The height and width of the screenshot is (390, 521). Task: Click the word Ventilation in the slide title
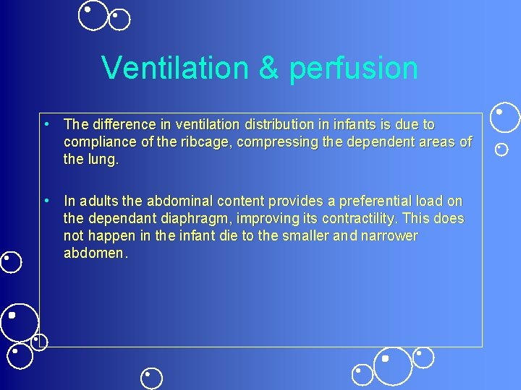click(x=173, y=69)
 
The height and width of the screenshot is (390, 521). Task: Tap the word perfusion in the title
click(x=353, y=69)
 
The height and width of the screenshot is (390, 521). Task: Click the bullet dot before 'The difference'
click(x=46, y=124)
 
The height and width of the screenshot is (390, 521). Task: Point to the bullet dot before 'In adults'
click(x=46, y=200)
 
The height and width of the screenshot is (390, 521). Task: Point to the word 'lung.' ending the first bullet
click(x=103, y=160)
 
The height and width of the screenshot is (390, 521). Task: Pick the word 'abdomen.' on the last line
click(x=96, y=253)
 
